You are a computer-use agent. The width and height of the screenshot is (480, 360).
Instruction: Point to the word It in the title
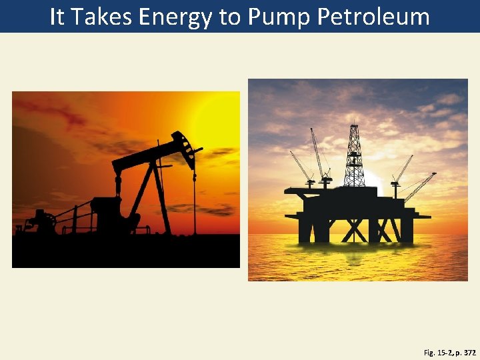click(57, 17)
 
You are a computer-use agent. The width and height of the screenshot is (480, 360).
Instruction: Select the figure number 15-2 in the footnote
click(443, 351)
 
